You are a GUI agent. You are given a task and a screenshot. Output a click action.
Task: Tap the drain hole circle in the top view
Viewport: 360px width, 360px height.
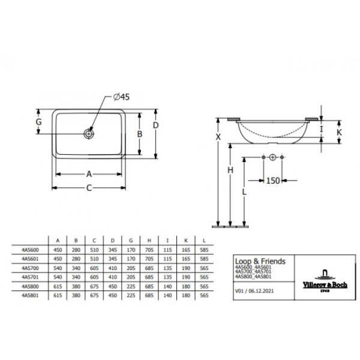[89, 134]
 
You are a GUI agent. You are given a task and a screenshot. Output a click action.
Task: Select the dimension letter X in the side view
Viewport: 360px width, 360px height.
[218, 137]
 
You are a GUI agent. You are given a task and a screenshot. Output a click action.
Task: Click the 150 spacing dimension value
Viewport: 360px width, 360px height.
[274, 180]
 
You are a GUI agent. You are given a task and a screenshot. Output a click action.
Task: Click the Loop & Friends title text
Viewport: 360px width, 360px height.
[260, 262]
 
